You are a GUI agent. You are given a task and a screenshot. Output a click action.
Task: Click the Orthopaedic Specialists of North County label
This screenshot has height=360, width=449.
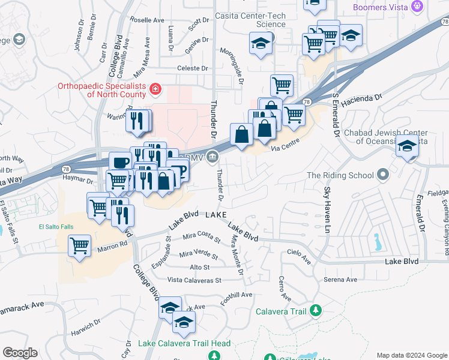click(x=101, y=90)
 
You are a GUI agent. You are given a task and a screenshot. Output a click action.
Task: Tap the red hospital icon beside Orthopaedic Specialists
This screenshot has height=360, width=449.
click(x=155, y=89)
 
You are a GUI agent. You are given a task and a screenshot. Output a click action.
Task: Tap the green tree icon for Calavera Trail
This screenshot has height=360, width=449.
click(x=315, y=310)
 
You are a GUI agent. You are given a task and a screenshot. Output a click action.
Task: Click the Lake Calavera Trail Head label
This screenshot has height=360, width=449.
click(x=184, y=343)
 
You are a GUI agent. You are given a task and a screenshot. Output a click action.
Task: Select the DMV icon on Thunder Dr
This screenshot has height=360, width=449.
click(x=213, y=158)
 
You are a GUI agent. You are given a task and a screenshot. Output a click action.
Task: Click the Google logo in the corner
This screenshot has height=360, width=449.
click(x=20, y=352)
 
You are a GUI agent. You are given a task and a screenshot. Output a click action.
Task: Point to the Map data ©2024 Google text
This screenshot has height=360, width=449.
click(x=411, y=355)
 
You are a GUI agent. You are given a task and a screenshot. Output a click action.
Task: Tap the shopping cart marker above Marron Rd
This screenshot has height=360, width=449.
click(x=79, y=245)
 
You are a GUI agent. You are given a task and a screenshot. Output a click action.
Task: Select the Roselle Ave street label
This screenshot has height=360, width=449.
click(x=147, y=20)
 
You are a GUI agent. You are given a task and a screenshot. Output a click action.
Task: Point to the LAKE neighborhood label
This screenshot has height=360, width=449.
click(x=216, y=214)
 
